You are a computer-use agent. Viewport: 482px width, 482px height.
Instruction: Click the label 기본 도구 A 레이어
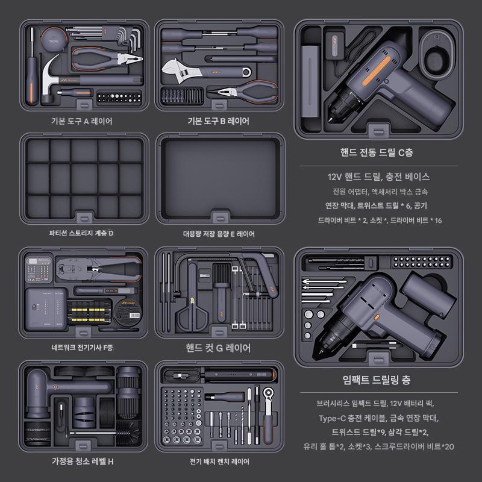coord(82,121)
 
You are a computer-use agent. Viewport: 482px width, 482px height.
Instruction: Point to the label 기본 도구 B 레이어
coord(218,121)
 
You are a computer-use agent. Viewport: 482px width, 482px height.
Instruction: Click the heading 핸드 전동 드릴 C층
coord(377,152)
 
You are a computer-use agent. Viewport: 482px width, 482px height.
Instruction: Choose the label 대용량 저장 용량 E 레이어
coord(219,233)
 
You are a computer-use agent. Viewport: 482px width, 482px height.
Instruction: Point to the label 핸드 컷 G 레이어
coord(218,348)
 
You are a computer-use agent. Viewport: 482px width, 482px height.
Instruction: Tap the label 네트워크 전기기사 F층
coord(83,348)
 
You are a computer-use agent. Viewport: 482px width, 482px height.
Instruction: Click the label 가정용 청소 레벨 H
coord(83,462)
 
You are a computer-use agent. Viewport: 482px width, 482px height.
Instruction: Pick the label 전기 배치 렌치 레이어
coord(219,462)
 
